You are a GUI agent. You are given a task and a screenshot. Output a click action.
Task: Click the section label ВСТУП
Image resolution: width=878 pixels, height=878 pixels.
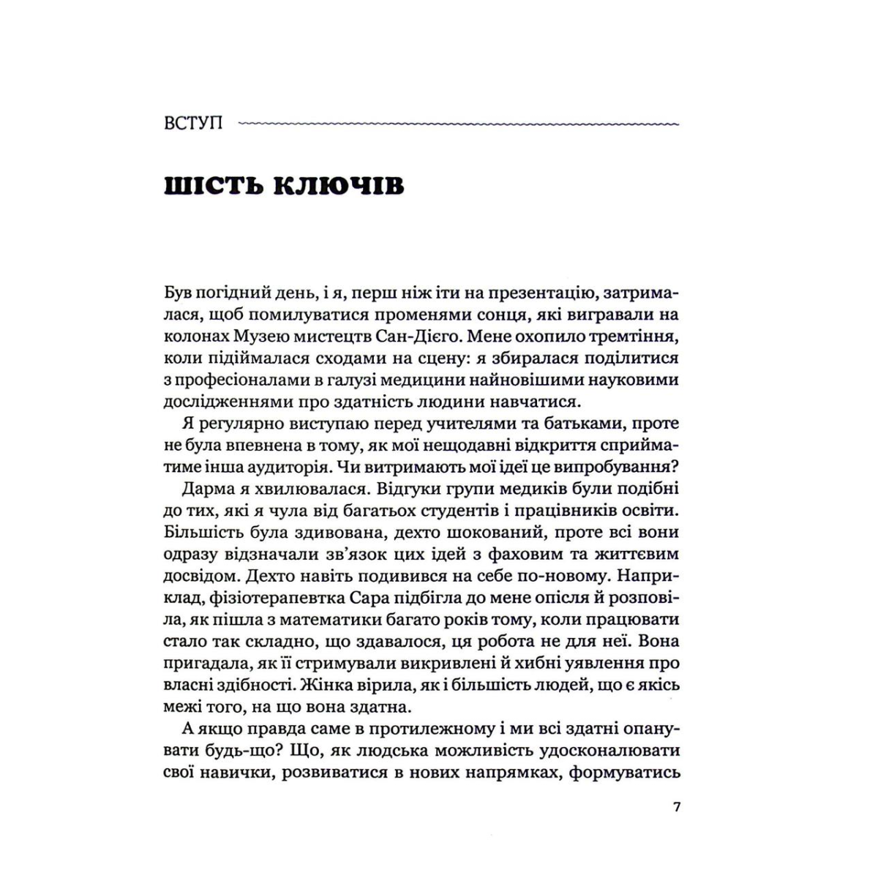[x=194, y=122]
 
